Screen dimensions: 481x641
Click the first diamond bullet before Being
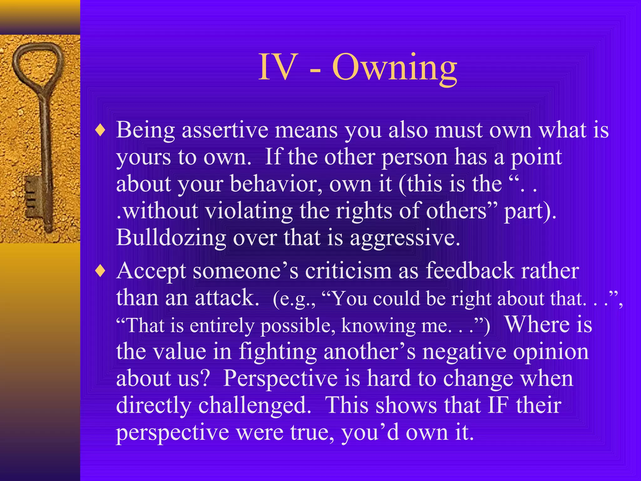pos(100,130)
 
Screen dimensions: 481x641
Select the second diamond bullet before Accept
pos(100,271)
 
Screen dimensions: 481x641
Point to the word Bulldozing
pos(171,238)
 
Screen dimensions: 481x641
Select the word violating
pos(249,211)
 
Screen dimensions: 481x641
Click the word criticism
pos(348,271)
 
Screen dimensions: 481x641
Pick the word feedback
pos(469,271)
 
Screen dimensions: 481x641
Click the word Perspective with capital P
pos(280,379)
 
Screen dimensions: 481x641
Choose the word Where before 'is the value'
pos(537,324)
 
